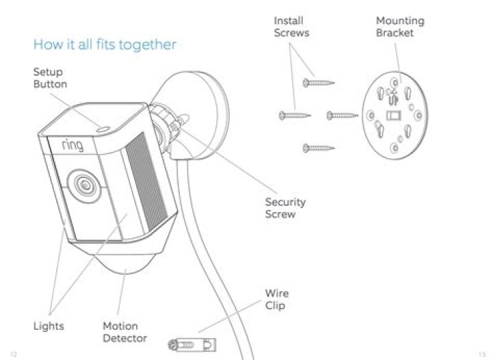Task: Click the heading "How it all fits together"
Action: tap(105, 45)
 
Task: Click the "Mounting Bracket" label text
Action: tap(400, 27)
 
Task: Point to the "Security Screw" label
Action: tap(285, 208)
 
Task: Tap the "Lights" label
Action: tap(49, 326)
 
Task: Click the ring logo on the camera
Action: tap(72, 146)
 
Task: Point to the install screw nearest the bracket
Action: tap(342, 115)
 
